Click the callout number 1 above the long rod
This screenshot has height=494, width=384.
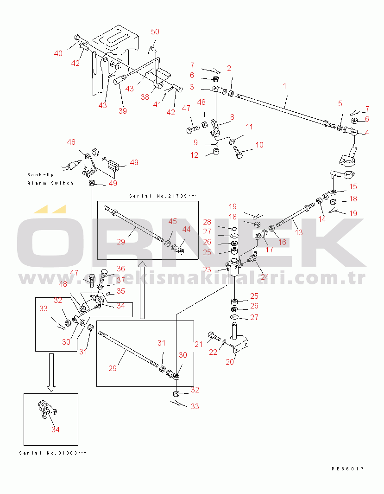coord(284,86)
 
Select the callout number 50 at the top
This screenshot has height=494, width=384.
coord(155,32)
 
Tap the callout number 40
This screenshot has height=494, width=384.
coord(58,53)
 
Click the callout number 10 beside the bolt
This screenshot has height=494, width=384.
coord(259,145)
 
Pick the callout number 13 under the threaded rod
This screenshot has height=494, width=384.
coord(299,232)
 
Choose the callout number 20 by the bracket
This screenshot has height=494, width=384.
coord(230,362)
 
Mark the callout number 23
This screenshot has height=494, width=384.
coord(207,269)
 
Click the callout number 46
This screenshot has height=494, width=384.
coord(71,142)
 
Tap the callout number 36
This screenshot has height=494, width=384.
coord(120,269)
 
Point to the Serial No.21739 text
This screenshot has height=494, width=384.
coord(158,196)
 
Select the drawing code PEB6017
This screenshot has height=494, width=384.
coord(347,468)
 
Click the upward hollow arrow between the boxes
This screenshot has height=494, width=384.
coord(143,290)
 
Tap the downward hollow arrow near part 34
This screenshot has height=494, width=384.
coord(51,371)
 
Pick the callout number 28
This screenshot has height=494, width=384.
coord(207,222)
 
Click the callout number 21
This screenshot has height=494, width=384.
coord(199,344)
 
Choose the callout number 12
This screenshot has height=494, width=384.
coord(194,155)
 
